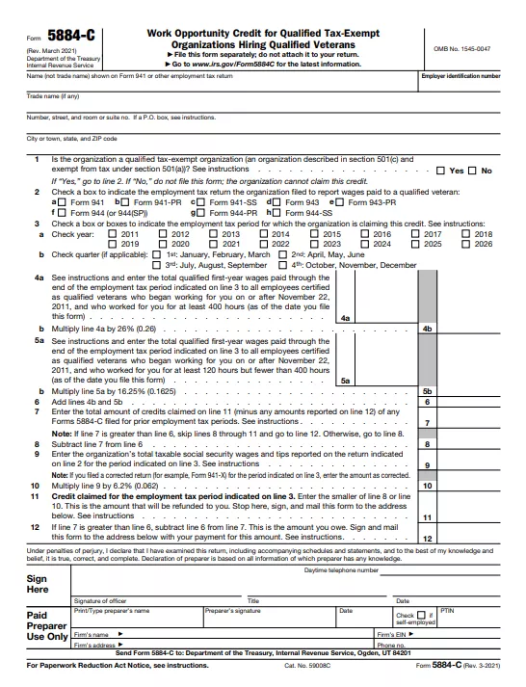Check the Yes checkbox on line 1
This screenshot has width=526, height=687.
tap(441, 171)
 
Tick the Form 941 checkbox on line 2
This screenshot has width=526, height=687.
tap(59, 202)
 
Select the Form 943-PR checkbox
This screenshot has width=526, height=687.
tap(341, 202)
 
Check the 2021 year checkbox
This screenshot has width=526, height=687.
tap(214, 244)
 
